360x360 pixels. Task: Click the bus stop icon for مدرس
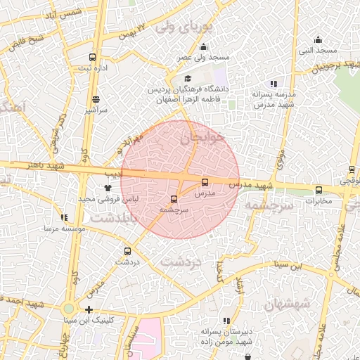(x=205, y=182)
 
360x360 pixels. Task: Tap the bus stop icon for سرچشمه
(x=174, y=200)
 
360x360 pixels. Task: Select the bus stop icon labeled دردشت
(x=127, y=251)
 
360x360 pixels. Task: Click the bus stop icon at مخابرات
(x=319, y=190)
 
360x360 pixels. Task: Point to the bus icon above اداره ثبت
(x=92, y=57)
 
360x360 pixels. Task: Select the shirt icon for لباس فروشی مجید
(x=107, y=188)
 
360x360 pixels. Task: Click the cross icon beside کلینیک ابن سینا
(x=89, y=309)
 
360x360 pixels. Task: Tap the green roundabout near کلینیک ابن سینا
(x=68, y=309)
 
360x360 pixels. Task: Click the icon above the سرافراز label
(x=95, y=99)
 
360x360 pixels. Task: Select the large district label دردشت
(x=181, y=262)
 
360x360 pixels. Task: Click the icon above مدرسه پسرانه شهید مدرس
(x=274, y=84)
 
